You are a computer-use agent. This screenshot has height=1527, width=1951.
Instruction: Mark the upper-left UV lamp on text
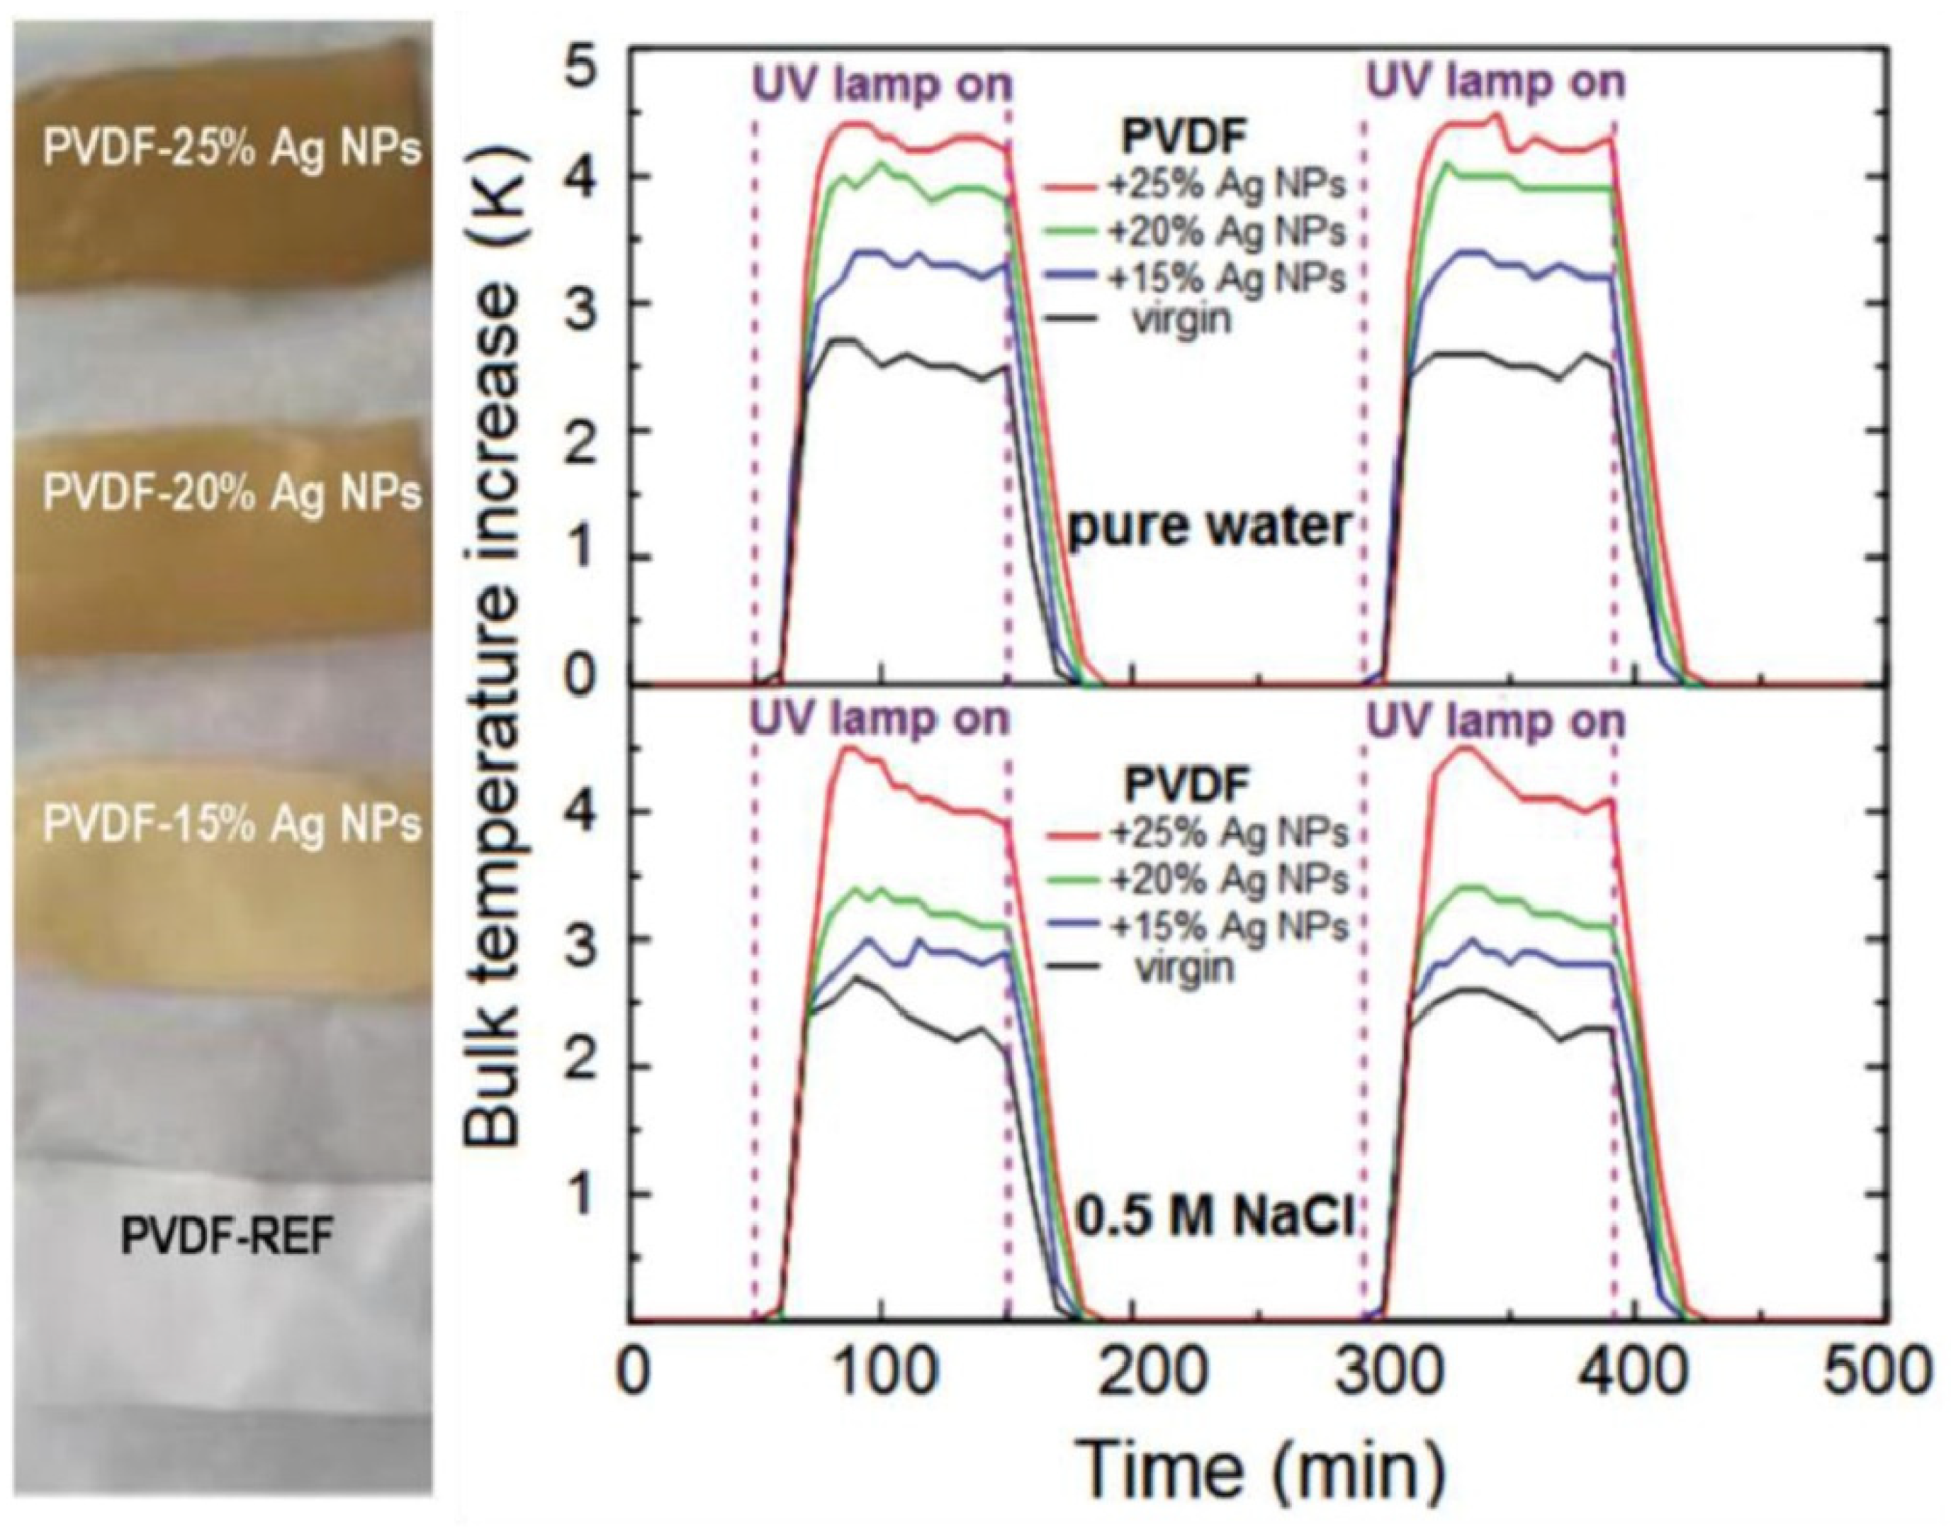[883, 85]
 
